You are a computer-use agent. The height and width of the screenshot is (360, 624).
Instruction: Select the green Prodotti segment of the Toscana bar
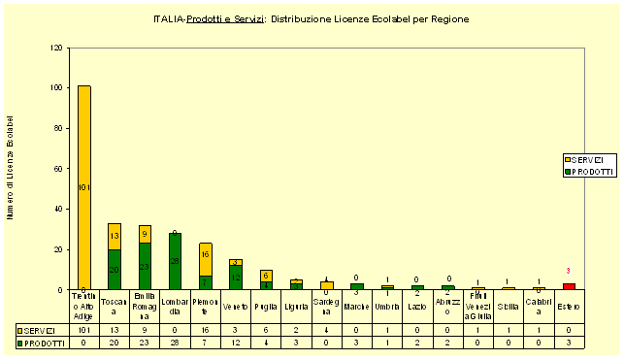(x=115, y=269)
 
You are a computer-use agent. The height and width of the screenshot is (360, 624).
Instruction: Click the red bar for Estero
(x=569, y=286)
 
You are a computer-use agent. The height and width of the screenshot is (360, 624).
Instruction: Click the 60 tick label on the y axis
(x=60, y=168)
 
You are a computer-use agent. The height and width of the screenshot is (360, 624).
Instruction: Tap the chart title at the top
(x=312, y=18)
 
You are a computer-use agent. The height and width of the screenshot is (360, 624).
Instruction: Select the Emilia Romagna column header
(x=145, y=307)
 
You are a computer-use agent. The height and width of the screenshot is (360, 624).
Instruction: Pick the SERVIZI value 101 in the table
(x=83, y=330)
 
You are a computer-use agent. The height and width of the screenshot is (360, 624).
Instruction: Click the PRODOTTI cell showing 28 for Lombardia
(x=175, y=343)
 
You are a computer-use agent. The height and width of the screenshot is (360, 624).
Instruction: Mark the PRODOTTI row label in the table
(x=42, y=343)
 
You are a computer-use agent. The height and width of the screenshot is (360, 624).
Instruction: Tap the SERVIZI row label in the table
(x=42, y=330)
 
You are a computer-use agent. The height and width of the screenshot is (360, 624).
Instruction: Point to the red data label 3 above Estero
(x=569, y=271)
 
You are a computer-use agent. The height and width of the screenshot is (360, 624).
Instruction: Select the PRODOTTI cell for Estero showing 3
(x=569, y=343)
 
